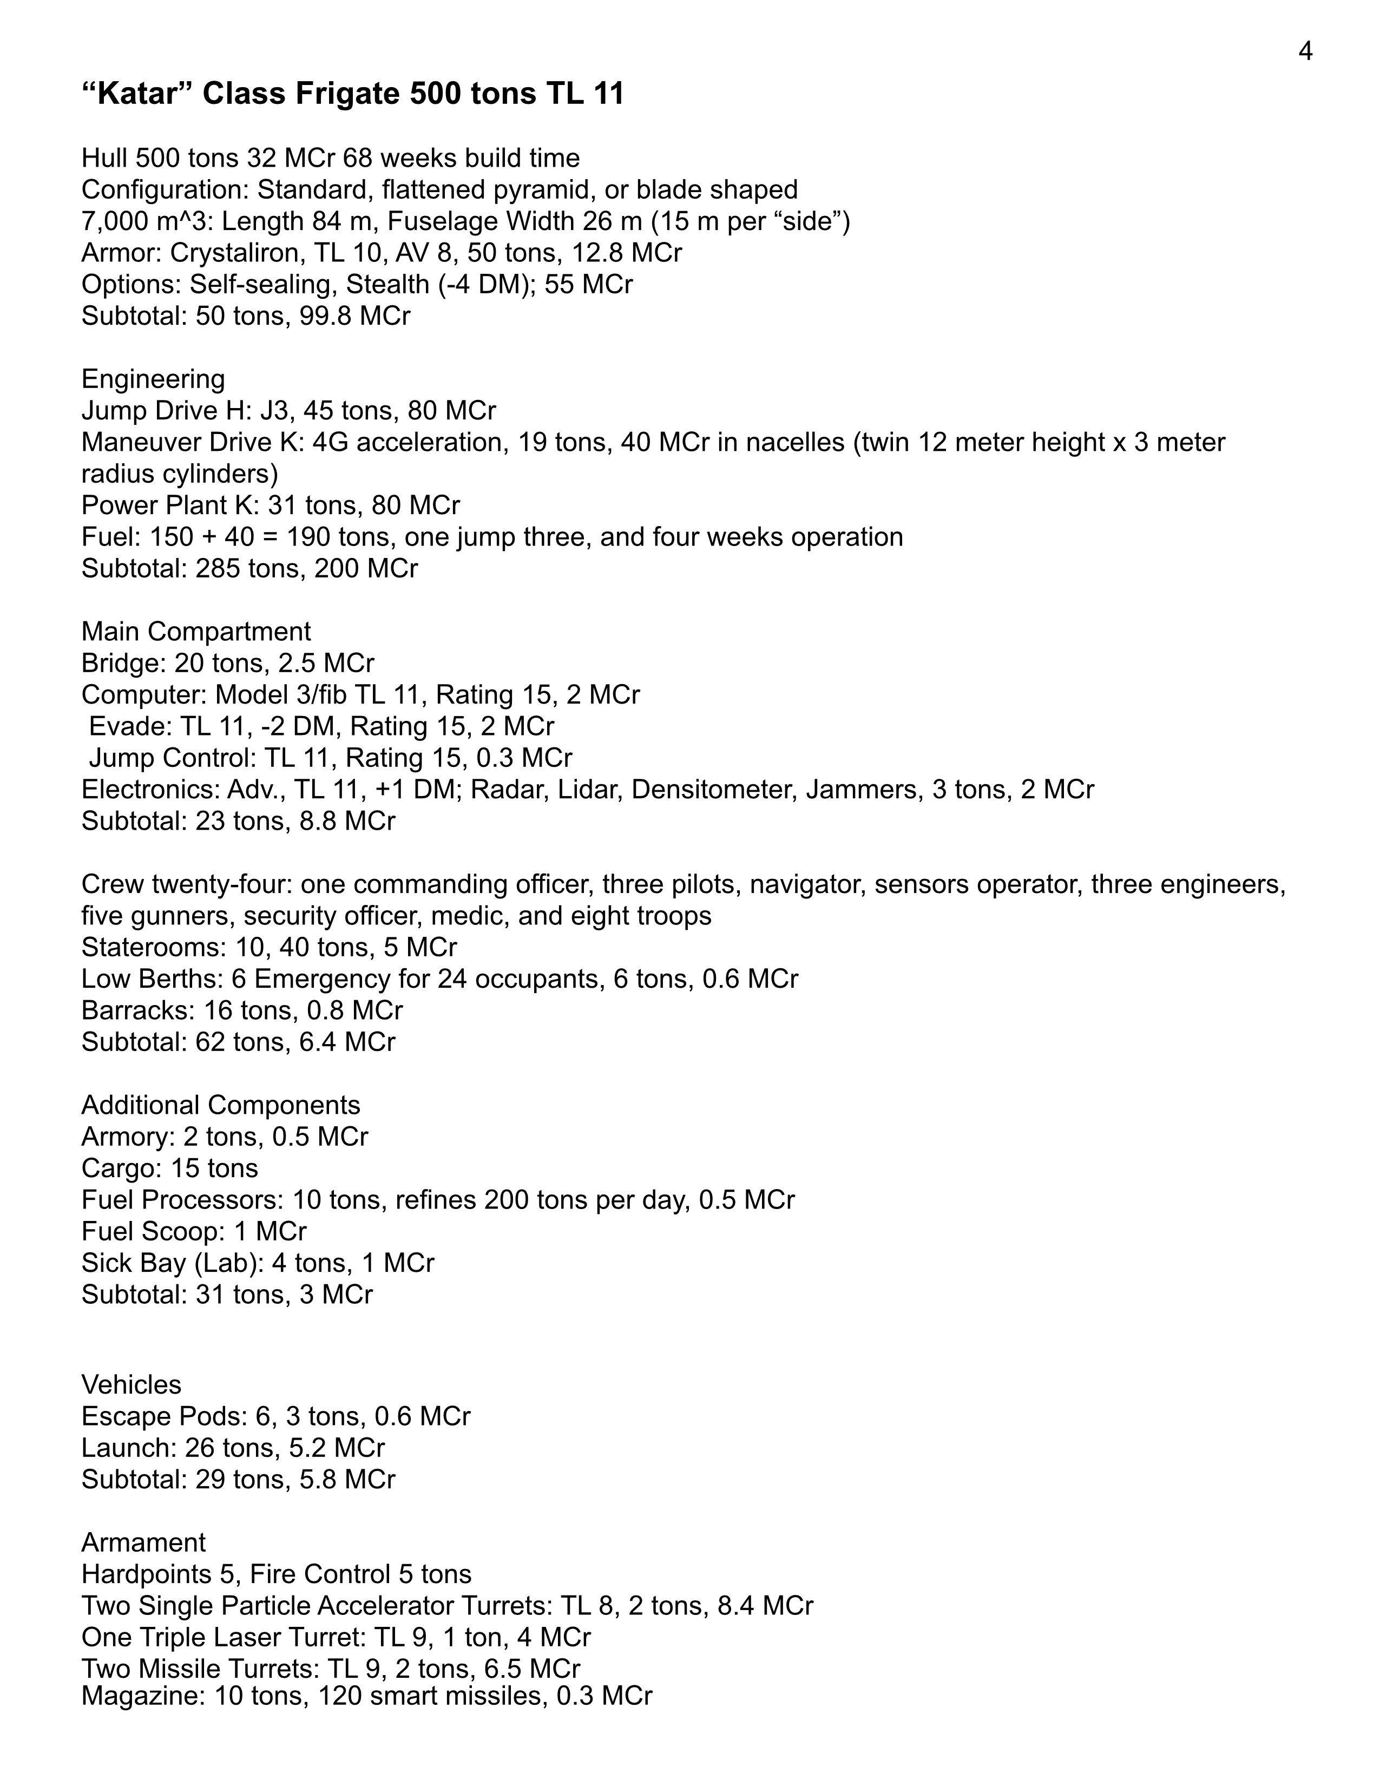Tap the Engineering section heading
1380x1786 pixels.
153,379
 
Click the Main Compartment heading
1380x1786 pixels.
195,631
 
